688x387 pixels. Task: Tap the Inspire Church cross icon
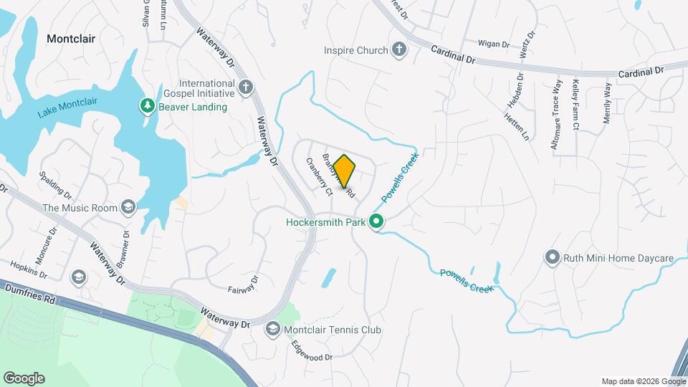(399, 50)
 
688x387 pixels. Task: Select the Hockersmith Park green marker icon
(377, 222)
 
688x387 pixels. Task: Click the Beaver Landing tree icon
(148, 107)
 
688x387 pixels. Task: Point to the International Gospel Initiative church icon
(246, 88)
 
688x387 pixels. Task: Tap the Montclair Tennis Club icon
(272, 330)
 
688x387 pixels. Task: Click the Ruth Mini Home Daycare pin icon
(552, 257)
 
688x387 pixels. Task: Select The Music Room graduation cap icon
(128, 208)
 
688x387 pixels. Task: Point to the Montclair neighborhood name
(71, 39)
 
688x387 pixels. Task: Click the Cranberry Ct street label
(320, 177)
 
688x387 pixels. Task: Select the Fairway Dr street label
(243, 284)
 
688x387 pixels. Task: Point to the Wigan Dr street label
(493, 44)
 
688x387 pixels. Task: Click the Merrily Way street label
(607, 104)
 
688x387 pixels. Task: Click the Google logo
(24, 378)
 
